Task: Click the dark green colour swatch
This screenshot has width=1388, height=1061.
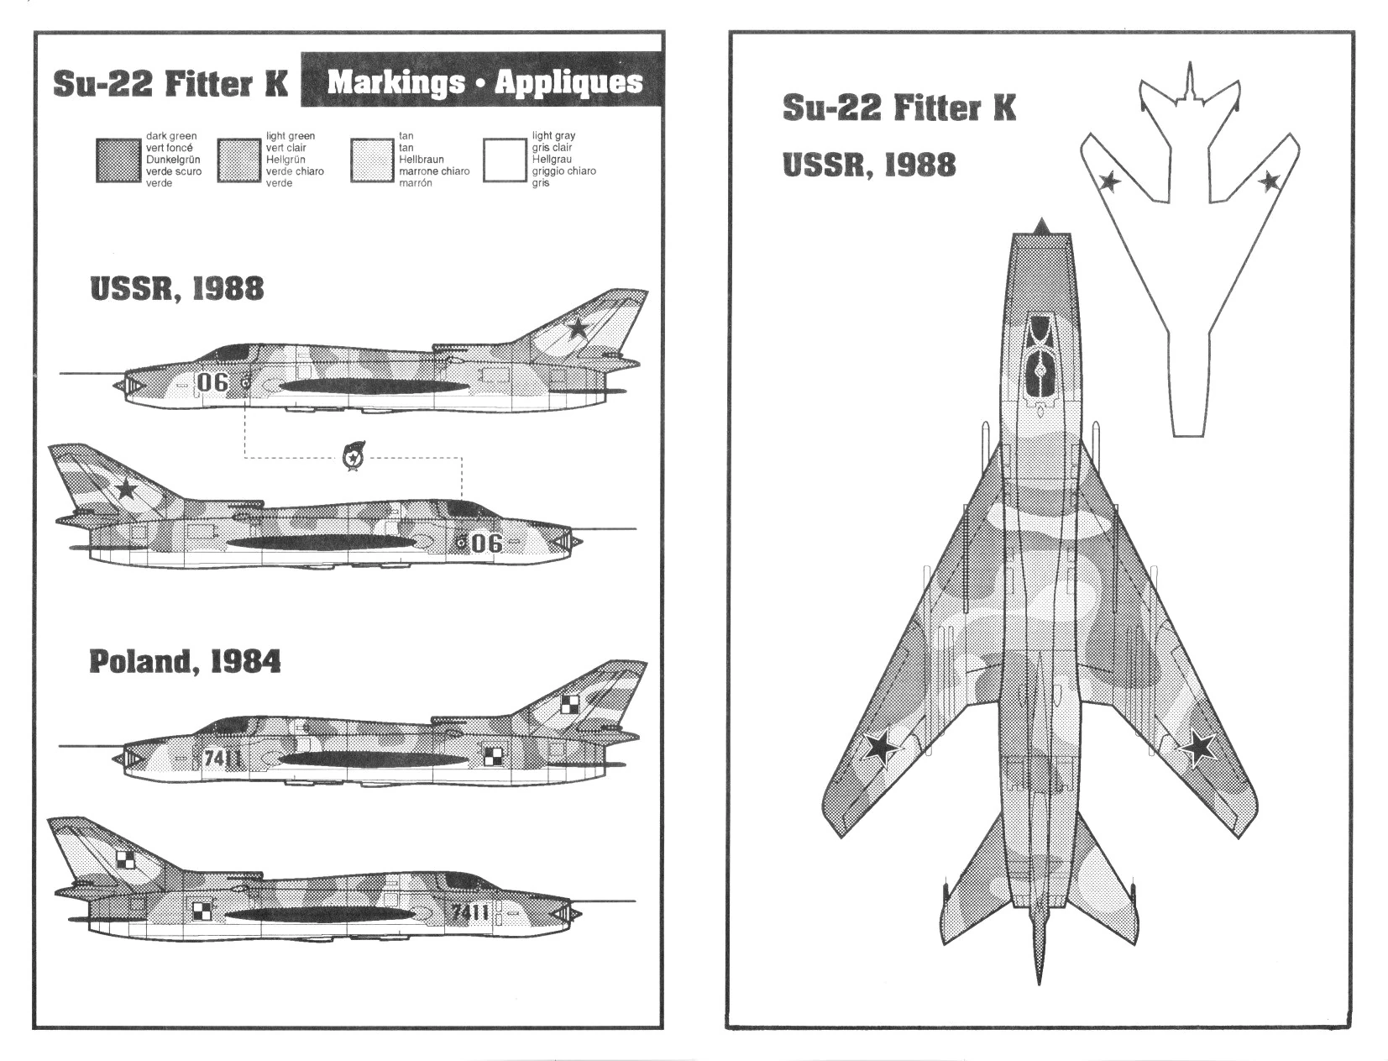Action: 117,160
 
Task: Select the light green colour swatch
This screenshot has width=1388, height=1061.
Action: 238,160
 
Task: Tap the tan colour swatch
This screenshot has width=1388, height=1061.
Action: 372,160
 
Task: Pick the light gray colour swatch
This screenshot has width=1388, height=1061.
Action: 505,160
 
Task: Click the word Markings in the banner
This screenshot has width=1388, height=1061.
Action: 395,82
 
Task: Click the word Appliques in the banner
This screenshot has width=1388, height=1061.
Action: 568,82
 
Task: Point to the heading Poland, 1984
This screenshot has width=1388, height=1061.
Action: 185,662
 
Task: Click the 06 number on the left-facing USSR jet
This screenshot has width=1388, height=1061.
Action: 212,382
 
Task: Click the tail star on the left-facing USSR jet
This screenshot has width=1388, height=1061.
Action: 578,327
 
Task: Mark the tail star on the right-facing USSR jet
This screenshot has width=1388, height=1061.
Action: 126,487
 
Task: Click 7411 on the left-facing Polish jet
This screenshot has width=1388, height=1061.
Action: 223,759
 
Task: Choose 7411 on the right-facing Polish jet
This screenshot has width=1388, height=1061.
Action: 470,912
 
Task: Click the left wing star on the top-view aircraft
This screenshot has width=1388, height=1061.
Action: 881,747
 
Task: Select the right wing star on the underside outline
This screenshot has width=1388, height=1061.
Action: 1269,180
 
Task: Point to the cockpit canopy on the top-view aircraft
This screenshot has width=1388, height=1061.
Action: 1040,357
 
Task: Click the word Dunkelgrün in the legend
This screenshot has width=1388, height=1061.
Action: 173,160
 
